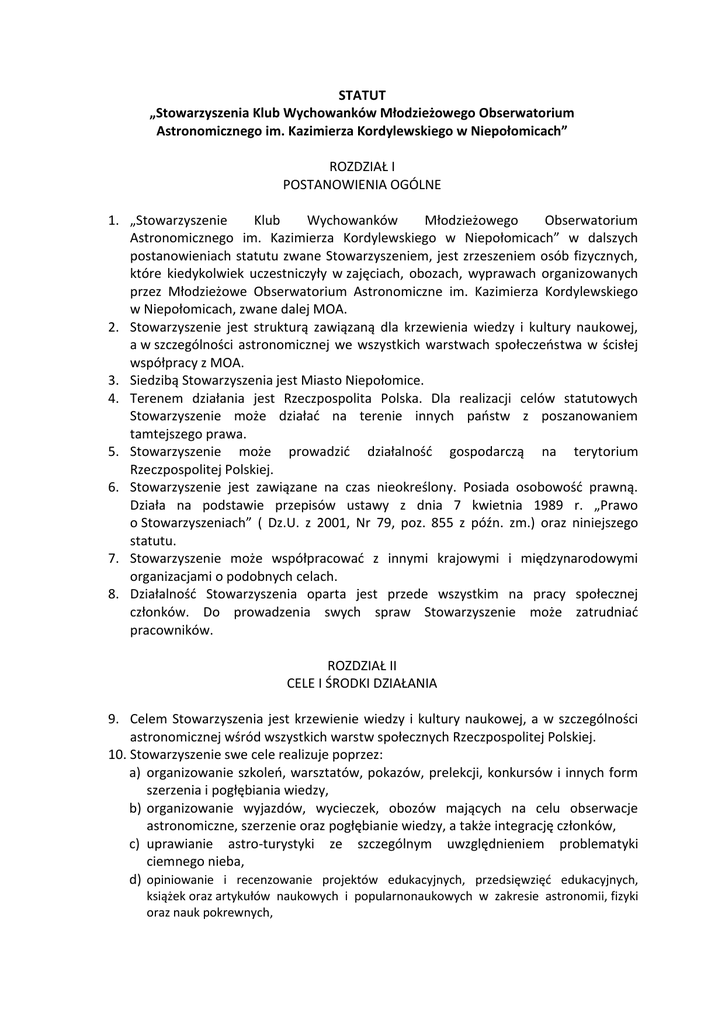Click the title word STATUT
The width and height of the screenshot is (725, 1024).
(362, 94)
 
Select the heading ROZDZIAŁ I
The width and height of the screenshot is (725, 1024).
(362, 166)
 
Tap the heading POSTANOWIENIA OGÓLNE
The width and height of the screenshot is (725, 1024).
(362, 184)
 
